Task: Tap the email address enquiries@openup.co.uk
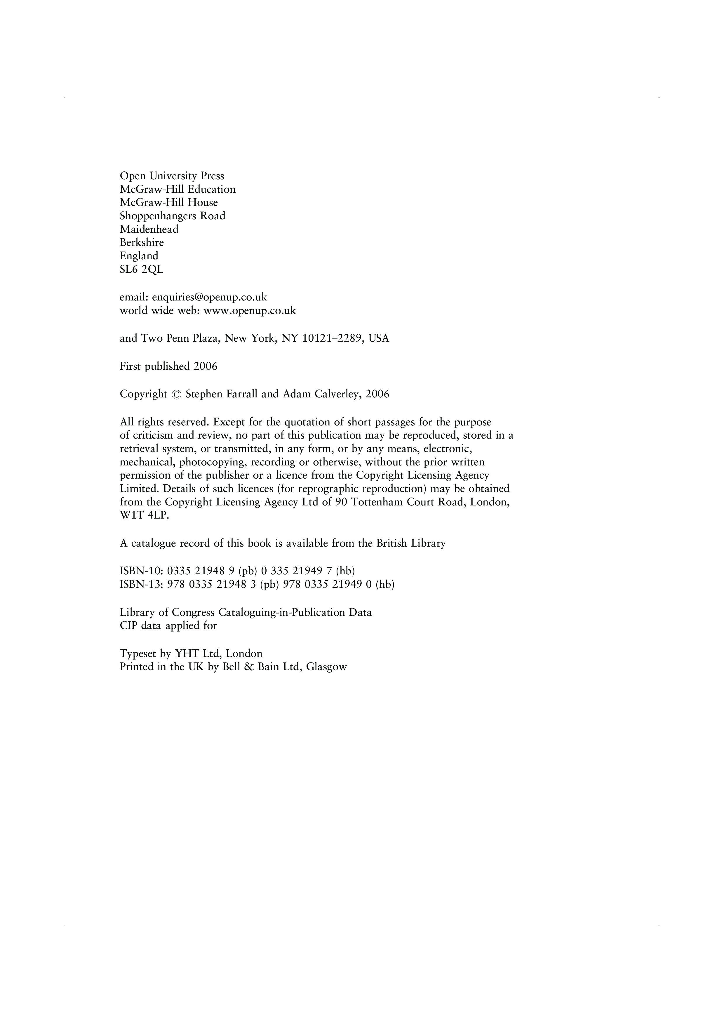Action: pyautogui.click(x=210, y=297)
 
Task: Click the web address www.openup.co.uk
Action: pyautogui.click(x=250, y=311)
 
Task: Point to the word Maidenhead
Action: pyautogui.click(x=149, y=229)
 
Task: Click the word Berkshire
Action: pyautogui.click(x=142, y=243)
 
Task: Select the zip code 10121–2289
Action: pyautogui.click(x=331, y=338)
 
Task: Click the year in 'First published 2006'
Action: pyautogui.click(x=206, y=367)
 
